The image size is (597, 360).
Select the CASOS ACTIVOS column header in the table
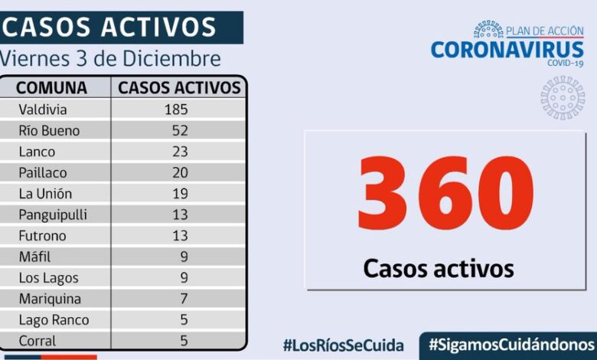[179, 87]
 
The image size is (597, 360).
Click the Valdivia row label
[43, 110]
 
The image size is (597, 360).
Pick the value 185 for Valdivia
[175, 110]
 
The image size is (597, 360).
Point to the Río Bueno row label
[49, 131]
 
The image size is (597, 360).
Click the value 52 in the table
[180, 131]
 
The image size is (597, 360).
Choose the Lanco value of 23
[180, 152]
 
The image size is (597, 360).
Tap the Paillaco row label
[42, 172]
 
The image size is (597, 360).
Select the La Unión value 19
[180, 194]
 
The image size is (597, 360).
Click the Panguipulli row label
[52, 214]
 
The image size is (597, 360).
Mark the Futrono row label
[43, 236]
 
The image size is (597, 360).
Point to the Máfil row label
[35, 257]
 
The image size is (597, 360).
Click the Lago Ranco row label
[54, 320]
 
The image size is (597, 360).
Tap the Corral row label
[37, 341]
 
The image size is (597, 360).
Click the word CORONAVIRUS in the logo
[507, 50]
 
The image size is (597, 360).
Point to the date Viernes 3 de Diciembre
[111, 59]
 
